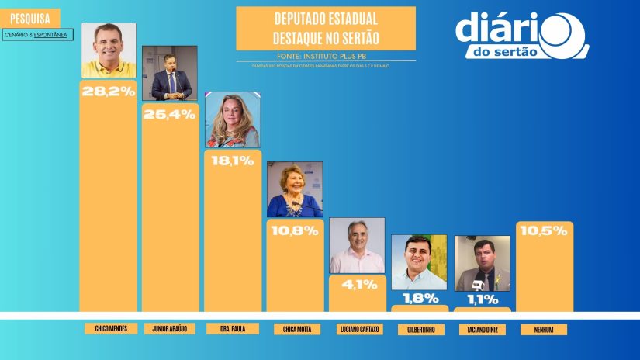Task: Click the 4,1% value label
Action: pyautogui.click(x=357, y=284)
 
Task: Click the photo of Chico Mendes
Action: pyautogui.click(x=109, y=50)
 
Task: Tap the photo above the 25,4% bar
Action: pyautogui.click(x=170, y=73)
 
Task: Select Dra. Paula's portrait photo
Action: pyautogui.click(x=232, y=119)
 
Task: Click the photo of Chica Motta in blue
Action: pyautogui.click(x=295, y=189)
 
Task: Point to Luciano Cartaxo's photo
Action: pyautogui.click(x=357, y=245)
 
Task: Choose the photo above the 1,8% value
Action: pyautogui.click(x=419, y=262)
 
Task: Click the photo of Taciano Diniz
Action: pyautogui.click(x=482, y=263)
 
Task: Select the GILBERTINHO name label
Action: pyautogui.click(x=420, y=329)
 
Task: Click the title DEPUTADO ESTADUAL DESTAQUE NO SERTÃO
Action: pyautogui.click(x=326, y=28)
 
